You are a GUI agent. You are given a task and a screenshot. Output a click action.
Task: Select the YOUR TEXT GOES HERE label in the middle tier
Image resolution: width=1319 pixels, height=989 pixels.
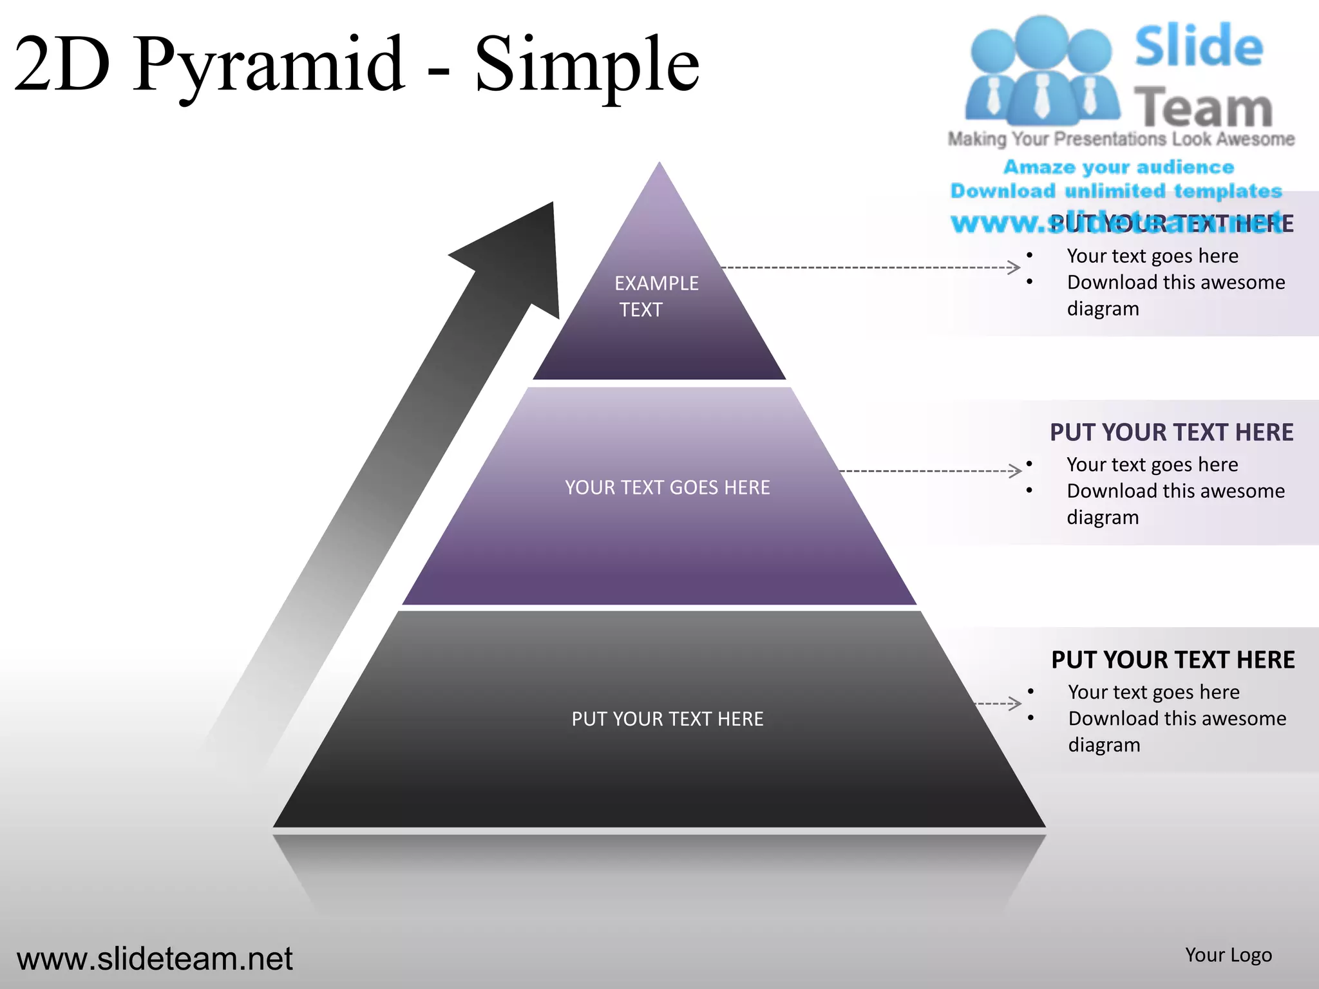coord(667,487)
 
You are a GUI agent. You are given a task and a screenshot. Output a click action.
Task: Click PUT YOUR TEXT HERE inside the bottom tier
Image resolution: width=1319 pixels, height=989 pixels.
coord(667,719)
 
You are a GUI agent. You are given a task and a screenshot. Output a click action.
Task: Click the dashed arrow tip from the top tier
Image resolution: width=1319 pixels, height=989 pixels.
coord(1015,267)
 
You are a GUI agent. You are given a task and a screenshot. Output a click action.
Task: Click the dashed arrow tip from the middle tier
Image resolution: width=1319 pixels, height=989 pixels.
coord(1016,471)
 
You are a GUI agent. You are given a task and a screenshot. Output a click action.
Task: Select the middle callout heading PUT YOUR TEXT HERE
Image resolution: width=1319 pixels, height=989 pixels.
coord(1171,432)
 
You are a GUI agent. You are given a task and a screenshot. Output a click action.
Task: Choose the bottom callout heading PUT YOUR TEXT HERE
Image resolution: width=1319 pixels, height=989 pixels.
coord(1172,660)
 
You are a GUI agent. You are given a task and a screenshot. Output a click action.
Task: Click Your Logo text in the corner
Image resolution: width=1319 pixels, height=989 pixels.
coord(1228,955)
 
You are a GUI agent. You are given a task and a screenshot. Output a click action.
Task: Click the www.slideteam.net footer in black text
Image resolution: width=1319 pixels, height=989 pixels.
coord(155,959)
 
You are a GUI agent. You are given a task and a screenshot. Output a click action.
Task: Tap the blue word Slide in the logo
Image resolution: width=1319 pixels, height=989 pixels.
coord(1198,46)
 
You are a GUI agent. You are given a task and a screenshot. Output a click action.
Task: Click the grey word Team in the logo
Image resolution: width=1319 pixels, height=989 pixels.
coord(1202,108)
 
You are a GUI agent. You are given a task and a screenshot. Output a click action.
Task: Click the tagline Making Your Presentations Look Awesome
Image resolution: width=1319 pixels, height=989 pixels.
coord(1121,139)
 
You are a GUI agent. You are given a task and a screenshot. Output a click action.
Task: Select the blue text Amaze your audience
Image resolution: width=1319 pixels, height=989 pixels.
coord(1119,167)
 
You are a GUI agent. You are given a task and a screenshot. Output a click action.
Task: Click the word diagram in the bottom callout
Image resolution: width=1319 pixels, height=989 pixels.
coord(1104,745)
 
